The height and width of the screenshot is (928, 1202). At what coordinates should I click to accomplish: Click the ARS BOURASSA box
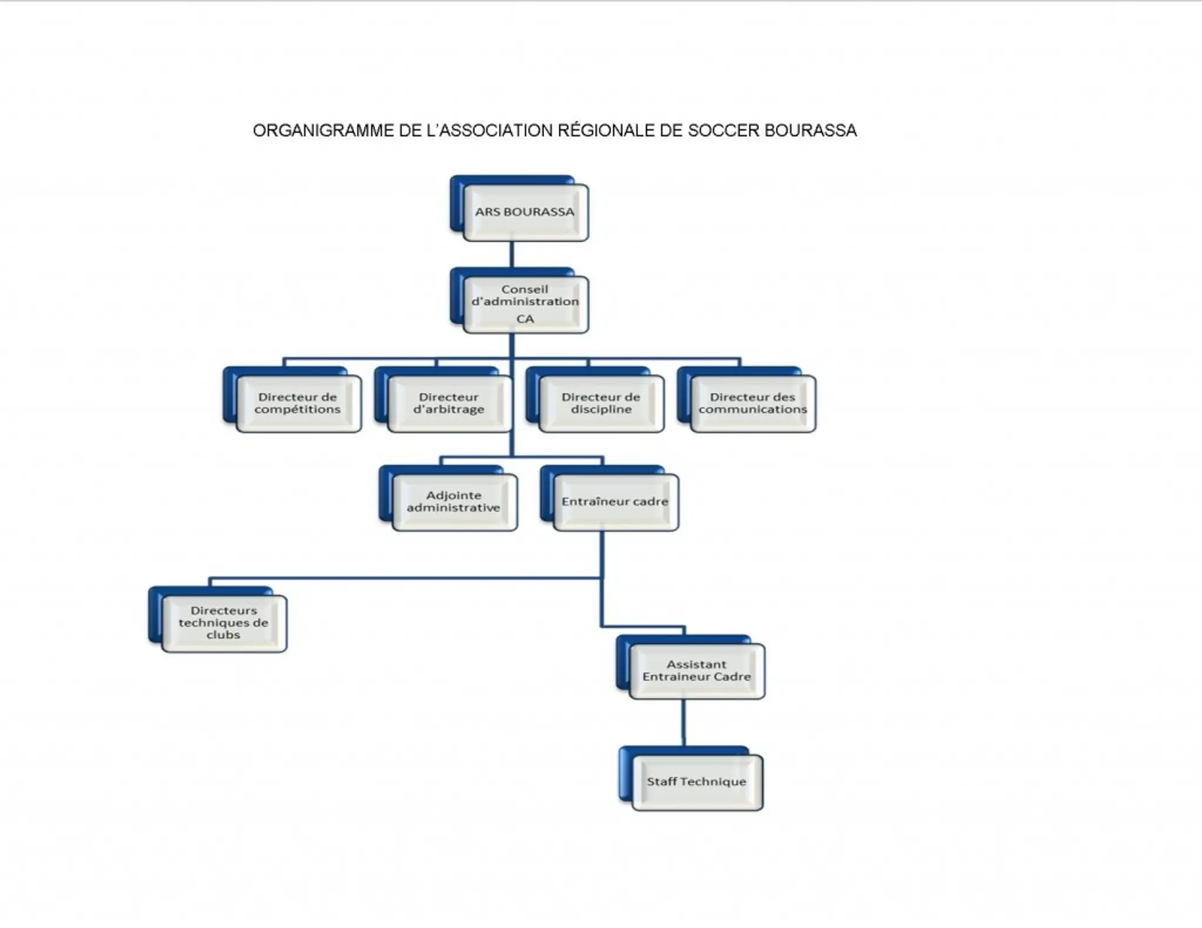[525, 212]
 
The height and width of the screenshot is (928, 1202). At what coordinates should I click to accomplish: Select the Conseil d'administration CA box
[525, 304]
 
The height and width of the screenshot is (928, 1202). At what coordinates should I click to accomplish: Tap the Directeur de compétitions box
[298, 404]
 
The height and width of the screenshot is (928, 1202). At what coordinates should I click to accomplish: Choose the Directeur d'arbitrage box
[449, 404]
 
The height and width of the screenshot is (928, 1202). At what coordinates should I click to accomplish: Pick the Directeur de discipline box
[601, 404]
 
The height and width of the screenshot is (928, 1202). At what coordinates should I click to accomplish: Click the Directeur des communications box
[752, 404]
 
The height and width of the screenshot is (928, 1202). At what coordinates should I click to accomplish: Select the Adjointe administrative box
[454, 502]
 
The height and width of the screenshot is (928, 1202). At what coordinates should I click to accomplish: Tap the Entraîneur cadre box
[615, 502]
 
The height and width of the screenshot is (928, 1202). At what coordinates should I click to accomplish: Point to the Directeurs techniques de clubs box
[224, 623]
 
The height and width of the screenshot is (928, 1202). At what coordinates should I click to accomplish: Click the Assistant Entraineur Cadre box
[697, 671]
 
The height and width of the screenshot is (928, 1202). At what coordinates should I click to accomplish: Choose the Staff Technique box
[697, 782]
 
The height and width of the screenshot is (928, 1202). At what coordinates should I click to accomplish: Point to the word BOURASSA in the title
[811, 130]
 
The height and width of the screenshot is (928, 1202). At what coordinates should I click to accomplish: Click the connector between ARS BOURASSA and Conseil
[512, 255]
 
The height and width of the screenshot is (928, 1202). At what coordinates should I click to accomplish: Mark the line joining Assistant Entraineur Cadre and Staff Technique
[683, 723]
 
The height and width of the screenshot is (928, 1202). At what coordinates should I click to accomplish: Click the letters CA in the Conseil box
[525, 319]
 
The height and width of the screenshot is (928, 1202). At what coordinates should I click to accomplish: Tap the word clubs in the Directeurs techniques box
[224, 635]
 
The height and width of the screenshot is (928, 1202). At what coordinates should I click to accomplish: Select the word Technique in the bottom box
[713, 782]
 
